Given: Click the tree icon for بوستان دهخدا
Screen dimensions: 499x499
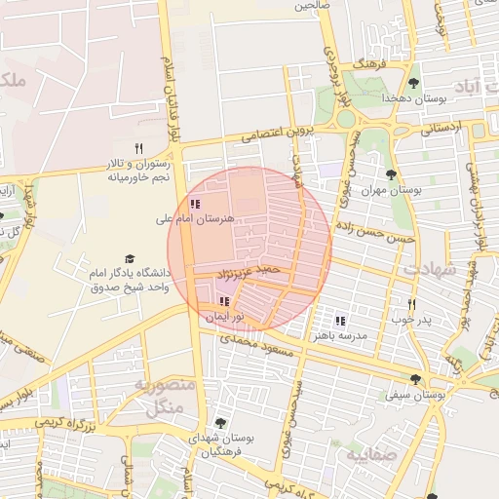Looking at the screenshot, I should click(x=414, y=83).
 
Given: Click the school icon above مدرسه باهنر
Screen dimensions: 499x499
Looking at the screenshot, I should click(x=340, y=321).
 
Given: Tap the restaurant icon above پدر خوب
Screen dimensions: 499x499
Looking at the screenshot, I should click(x=412, y=305).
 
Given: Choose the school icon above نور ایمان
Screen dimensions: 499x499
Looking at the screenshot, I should click(x=225, y=302).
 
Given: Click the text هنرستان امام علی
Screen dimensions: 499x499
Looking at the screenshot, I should click(x=195, y=220).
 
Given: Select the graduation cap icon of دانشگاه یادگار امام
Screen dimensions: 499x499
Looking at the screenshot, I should click(x=130, y=258).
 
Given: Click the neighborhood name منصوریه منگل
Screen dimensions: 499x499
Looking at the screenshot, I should click(x=164, y=397).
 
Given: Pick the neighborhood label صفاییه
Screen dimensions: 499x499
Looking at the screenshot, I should click(x=369, y=454).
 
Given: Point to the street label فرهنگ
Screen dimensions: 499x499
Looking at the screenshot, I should click(x=371, y=63).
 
